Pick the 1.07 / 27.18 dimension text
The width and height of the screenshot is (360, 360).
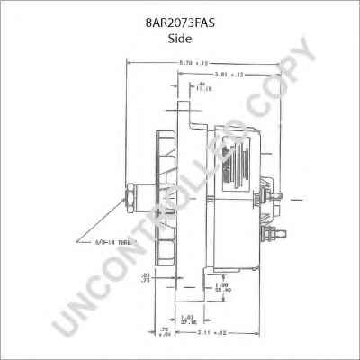[187, 318]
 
